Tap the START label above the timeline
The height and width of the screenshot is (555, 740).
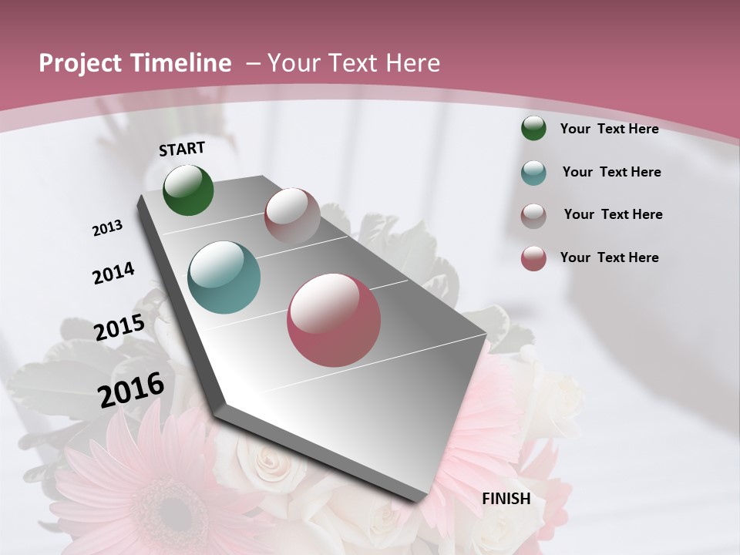point(182,148)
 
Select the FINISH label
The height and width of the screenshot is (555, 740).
point(506,498)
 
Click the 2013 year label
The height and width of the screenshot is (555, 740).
point(108,228)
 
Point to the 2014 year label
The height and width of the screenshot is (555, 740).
point(113,273)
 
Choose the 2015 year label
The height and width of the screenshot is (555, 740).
point(119,328)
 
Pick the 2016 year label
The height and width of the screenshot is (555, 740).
point(131,389)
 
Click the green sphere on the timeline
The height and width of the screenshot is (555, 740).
point(188,190)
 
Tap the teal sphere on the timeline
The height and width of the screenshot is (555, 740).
point(224,277)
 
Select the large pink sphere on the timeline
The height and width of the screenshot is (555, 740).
point(334,320)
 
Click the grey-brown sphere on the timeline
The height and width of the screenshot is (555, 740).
point(292,216)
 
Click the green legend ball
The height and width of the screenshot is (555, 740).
point(533,128)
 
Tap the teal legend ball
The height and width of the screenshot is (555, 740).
point(533,172)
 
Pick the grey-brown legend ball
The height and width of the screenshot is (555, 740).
point(533,215)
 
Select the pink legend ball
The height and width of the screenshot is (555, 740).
point(533,258)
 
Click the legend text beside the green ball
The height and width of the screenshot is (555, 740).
point(609,129)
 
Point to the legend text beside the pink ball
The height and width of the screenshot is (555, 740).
point(609,257)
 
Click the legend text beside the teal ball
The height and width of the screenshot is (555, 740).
point(611,172)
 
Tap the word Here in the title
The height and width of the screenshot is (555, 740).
point(413,63)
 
